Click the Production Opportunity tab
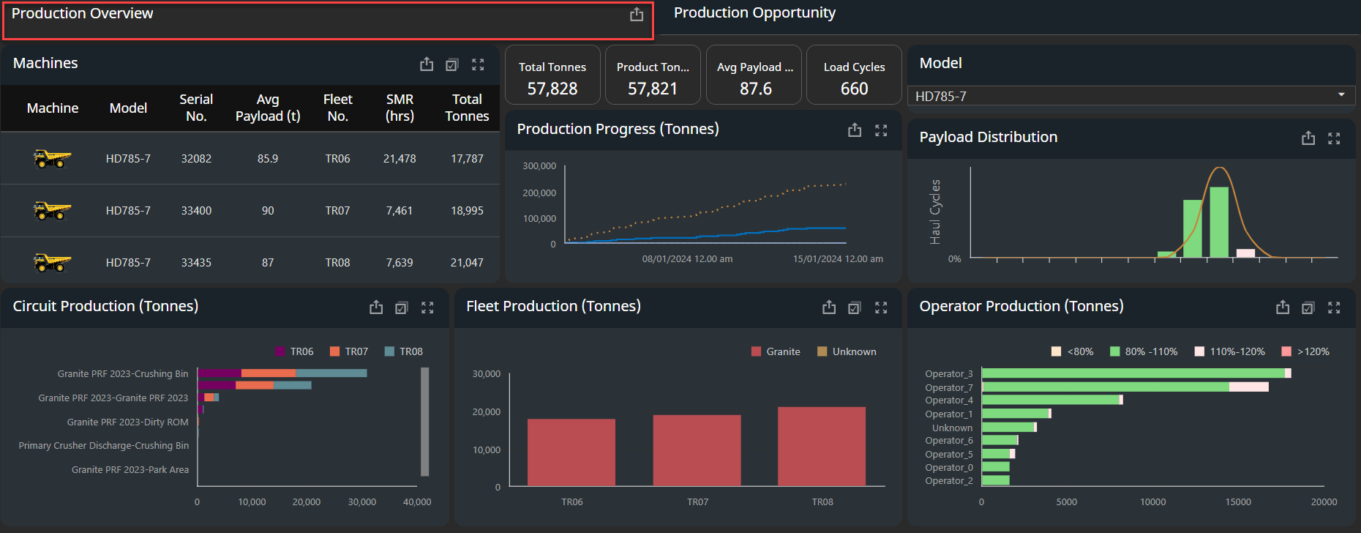pos(754,13)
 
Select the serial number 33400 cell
pos(196,211)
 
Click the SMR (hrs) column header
pos(400,108)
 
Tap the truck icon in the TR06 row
pos(52,158)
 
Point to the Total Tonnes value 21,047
pos(467,263)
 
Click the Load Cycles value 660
pos(854,89)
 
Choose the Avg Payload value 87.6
pos(755,89)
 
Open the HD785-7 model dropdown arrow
pos(1341,95)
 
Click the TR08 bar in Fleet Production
pos(822,446)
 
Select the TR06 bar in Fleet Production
pos(571,452)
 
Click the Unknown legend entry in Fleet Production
pos(847,351)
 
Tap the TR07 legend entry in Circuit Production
pos(349,351)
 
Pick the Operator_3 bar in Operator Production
pos(1136,373)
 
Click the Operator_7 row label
pos(949,387)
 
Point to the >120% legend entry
pos(1305,351)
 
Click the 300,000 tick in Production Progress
pos(539,166)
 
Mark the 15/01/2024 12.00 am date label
pos(838,259)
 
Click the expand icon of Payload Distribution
pos(1334,138)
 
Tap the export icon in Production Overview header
pos(637,15)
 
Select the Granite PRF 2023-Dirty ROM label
pos(128,422)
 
